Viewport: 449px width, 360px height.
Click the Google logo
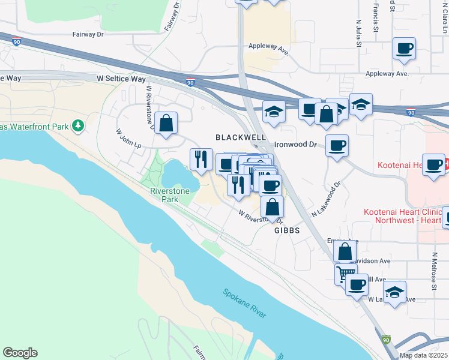pyautogui.click(x=20, y=353)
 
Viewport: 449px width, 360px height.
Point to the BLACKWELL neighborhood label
pyautogui.click(x=241, y=137)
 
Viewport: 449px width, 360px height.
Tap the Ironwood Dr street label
pyautogui.click(x=295, y=145)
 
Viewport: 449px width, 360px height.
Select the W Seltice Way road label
pyautogui.click(x=121, y=79)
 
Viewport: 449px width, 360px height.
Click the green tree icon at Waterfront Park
pyautogui.click(x=77, y=126)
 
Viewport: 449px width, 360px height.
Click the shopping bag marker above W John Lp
pyautogui.click(x=166, y=123)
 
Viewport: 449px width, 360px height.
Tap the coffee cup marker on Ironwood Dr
pyautogui.click(x=337, y=145)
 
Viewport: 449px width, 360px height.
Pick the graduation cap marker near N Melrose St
pyautogui.click(x=394, y=292)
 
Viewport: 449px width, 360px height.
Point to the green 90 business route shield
pyautogui.click(x=386, y=340)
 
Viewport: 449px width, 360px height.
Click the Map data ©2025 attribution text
pyautogui.click(x=423, y=355)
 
